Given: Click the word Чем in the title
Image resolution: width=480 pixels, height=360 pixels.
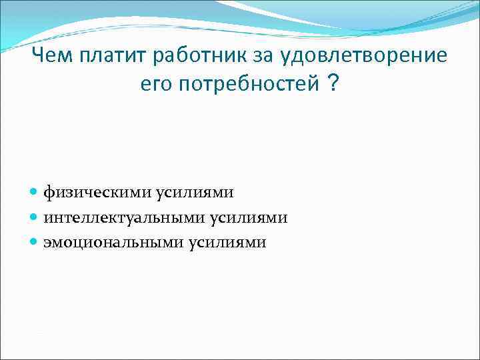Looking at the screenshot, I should tap(55, 55).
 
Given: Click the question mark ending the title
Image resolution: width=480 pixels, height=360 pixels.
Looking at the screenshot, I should tap(332, 84).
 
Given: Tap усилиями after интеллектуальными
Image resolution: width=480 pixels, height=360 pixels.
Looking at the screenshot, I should tap(249, 217).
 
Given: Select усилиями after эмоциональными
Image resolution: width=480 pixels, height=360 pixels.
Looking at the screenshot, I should tap(227, 243).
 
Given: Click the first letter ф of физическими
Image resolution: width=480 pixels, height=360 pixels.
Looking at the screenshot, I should tap(49, 193).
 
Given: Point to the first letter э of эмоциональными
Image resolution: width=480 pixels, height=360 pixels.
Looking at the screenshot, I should tap(48, 243).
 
